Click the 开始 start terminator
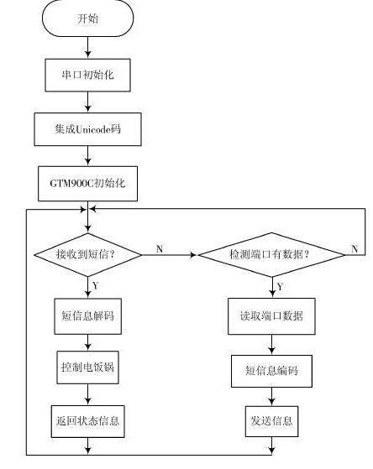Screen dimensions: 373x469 (x=87, y=18)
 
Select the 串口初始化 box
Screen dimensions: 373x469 (x=87, y=75)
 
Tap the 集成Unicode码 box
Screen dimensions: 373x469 (x=87, y=129)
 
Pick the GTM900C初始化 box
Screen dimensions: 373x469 (x=87, y=184)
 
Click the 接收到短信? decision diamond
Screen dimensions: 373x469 (x=87, y=255)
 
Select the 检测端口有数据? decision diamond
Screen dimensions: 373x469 (x=271, y=255)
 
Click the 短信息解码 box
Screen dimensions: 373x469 (x=87, y=316)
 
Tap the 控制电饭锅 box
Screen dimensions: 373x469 (x=87, y=367)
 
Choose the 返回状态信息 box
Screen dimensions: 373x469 (x=87, y=421)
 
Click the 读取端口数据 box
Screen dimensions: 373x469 (x=271, y=316)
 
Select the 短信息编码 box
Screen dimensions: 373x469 (x=271, y=371)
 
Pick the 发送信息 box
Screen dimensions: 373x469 (x=271, y=421)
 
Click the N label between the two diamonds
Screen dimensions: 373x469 (x=160, y=248)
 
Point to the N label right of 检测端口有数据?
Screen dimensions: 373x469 (x=355, y=248)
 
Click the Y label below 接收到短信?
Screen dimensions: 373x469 (x=96, y=285)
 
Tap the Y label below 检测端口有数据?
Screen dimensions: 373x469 (x=280, y=287)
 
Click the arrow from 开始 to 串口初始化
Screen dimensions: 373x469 (x=87, y=48)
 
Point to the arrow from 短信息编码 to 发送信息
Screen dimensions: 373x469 (x=271, y=397)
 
